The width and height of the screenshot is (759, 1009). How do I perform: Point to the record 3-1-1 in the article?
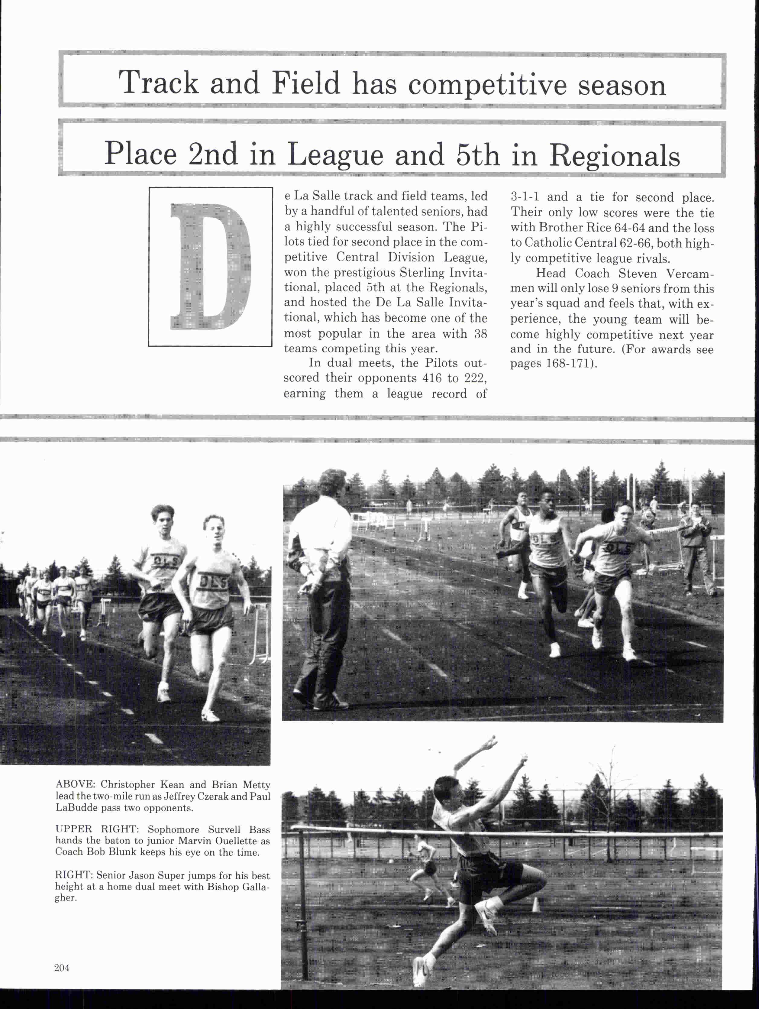coord(525,197)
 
